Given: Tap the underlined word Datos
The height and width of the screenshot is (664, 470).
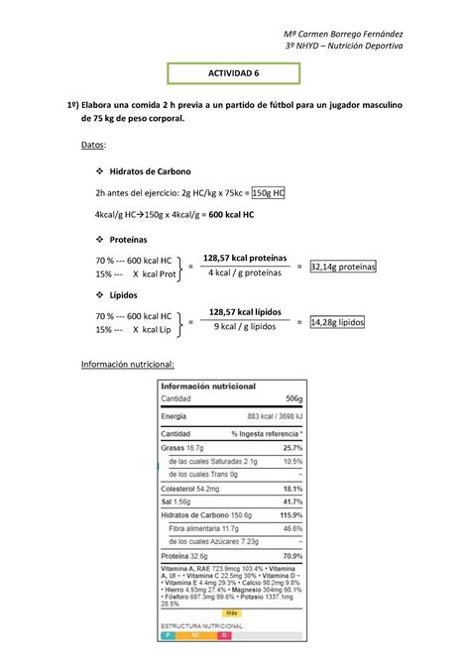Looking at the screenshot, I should click(x=94, y=145).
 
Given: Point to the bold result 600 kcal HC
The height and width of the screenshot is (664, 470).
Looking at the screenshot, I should click(x=224, y=214).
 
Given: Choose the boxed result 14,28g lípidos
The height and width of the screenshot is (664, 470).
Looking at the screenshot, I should click(x=337, y=322).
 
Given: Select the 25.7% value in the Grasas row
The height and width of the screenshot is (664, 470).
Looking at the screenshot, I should click(x=291, y=447).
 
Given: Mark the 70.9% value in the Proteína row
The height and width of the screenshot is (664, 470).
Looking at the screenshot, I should click(x=291, y=556).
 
